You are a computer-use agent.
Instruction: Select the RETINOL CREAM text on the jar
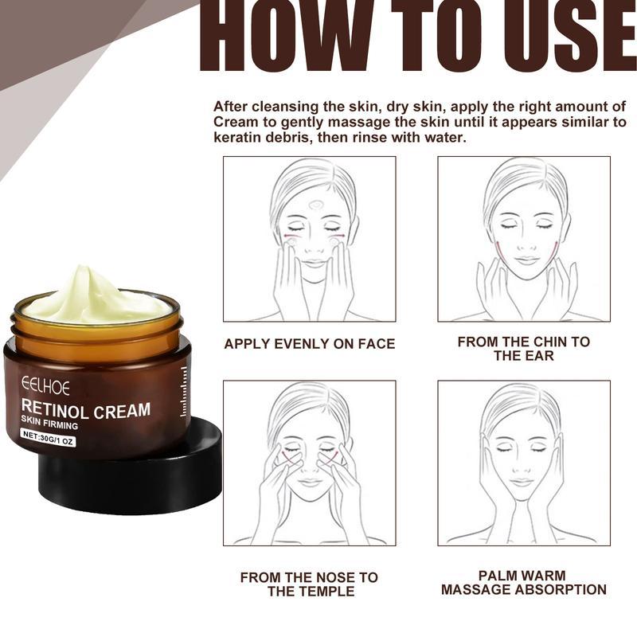(x=86, y=411)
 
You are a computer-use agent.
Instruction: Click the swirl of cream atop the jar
(x=94, y=295)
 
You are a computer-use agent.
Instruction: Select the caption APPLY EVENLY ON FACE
(x=309, y=344)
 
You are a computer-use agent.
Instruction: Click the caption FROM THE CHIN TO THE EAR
(x=523, y=348)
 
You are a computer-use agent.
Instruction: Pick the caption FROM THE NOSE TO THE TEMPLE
(x=309, y=584)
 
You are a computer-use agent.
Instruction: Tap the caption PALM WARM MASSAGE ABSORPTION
(x=523, y=582)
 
